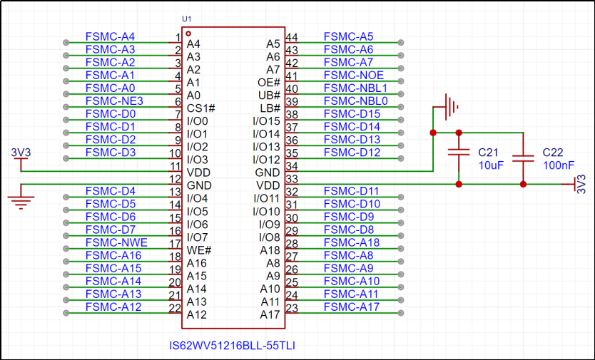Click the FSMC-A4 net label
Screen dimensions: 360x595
click(x=110, y=36)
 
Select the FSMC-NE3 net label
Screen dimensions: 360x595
click(x=114, y=101)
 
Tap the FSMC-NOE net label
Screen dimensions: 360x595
click(x=353, y=75)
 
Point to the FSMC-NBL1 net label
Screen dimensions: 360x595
click(x=355, y=88)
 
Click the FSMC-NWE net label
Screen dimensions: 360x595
click(x=116, y=242)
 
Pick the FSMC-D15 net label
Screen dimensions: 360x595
click(x=352, y=114)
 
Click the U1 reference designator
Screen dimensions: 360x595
click(x=187, y=18)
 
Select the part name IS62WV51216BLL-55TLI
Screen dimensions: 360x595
click(x=232, y=346)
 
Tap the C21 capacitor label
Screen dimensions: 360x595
click(x=487, y=153)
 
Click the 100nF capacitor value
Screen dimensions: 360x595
click(x=558, y=165)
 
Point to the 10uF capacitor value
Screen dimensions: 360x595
click(x=490, y=165)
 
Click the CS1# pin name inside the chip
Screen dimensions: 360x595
click(x=200, y=108)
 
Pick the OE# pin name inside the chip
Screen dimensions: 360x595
click(x=268, y=83)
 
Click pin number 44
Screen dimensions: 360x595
click(x=291, y=37)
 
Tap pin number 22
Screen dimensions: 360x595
click(x=174, y=307)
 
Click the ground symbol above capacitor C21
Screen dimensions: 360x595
click(x=449, y=108)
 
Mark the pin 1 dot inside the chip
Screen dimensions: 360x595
click(x=188, y=34)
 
